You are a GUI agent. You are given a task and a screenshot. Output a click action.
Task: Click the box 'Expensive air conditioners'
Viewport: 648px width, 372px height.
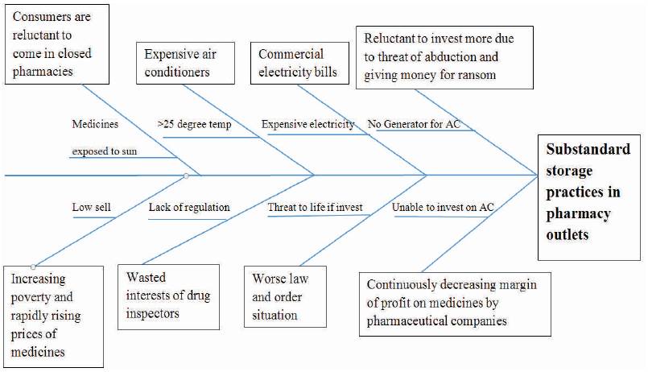pyautogui.click(x=186, y=64)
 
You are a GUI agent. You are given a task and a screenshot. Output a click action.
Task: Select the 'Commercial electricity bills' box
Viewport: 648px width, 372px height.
pyautogui.click(x=299, y=64)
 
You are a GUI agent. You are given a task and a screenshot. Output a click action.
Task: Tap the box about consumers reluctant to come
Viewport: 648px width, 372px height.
pyautogui.click(x=57, y=44)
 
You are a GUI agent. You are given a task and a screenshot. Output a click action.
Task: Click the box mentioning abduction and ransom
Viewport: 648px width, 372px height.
pyautogui.click(x=444, y=57)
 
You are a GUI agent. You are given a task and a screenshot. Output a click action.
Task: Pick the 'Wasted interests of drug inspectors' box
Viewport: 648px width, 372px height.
pyautogui.click(x=168, y=297)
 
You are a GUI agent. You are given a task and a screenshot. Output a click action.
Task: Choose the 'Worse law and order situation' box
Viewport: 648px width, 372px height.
pyautogui.click(x=285, y=297)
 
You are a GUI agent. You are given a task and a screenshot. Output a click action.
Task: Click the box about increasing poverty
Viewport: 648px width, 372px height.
pyautogui.click(x=53, y=316)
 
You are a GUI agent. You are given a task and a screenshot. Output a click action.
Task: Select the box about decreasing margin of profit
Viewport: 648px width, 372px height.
pyautogui.click(x=455, y=304)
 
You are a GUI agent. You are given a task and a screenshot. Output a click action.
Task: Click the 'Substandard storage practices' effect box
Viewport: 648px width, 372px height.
pyautogui.click(x=589, y=197)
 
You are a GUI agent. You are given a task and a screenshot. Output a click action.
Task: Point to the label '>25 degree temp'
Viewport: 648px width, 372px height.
pyautogui.click(x=194, y=124)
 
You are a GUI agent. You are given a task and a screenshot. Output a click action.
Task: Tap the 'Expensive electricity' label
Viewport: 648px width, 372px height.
pyautogui.click(x=307, y=124)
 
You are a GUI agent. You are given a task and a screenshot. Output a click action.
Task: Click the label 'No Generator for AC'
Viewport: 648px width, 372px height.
pyautogui.click(x=414, y=124)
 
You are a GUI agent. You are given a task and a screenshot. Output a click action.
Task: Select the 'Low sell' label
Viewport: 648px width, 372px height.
pyautogui.click(x=91, y=207)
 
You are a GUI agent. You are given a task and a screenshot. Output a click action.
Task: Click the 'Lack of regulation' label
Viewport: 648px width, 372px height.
pyautogui.click(x=189, y=207)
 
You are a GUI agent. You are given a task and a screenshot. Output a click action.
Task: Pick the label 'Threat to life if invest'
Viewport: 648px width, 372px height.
pyautogui.click(x=315, y=207)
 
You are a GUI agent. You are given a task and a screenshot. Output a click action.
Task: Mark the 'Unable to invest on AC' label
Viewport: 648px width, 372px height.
pyautogui.click(x=443, y=207)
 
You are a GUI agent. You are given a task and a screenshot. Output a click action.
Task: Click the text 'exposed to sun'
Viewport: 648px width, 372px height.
pyautogui.click(x=104, y=151)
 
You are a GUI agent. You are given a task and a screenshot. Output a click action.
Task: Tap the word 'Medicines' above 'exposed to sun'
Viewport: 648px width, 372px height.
pyautogui.click(x=95, y=124)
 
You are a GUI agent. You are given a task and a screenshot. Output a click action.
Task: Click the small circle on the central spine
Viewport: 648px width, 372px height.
pyautogui.click(x=186, y=176)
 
